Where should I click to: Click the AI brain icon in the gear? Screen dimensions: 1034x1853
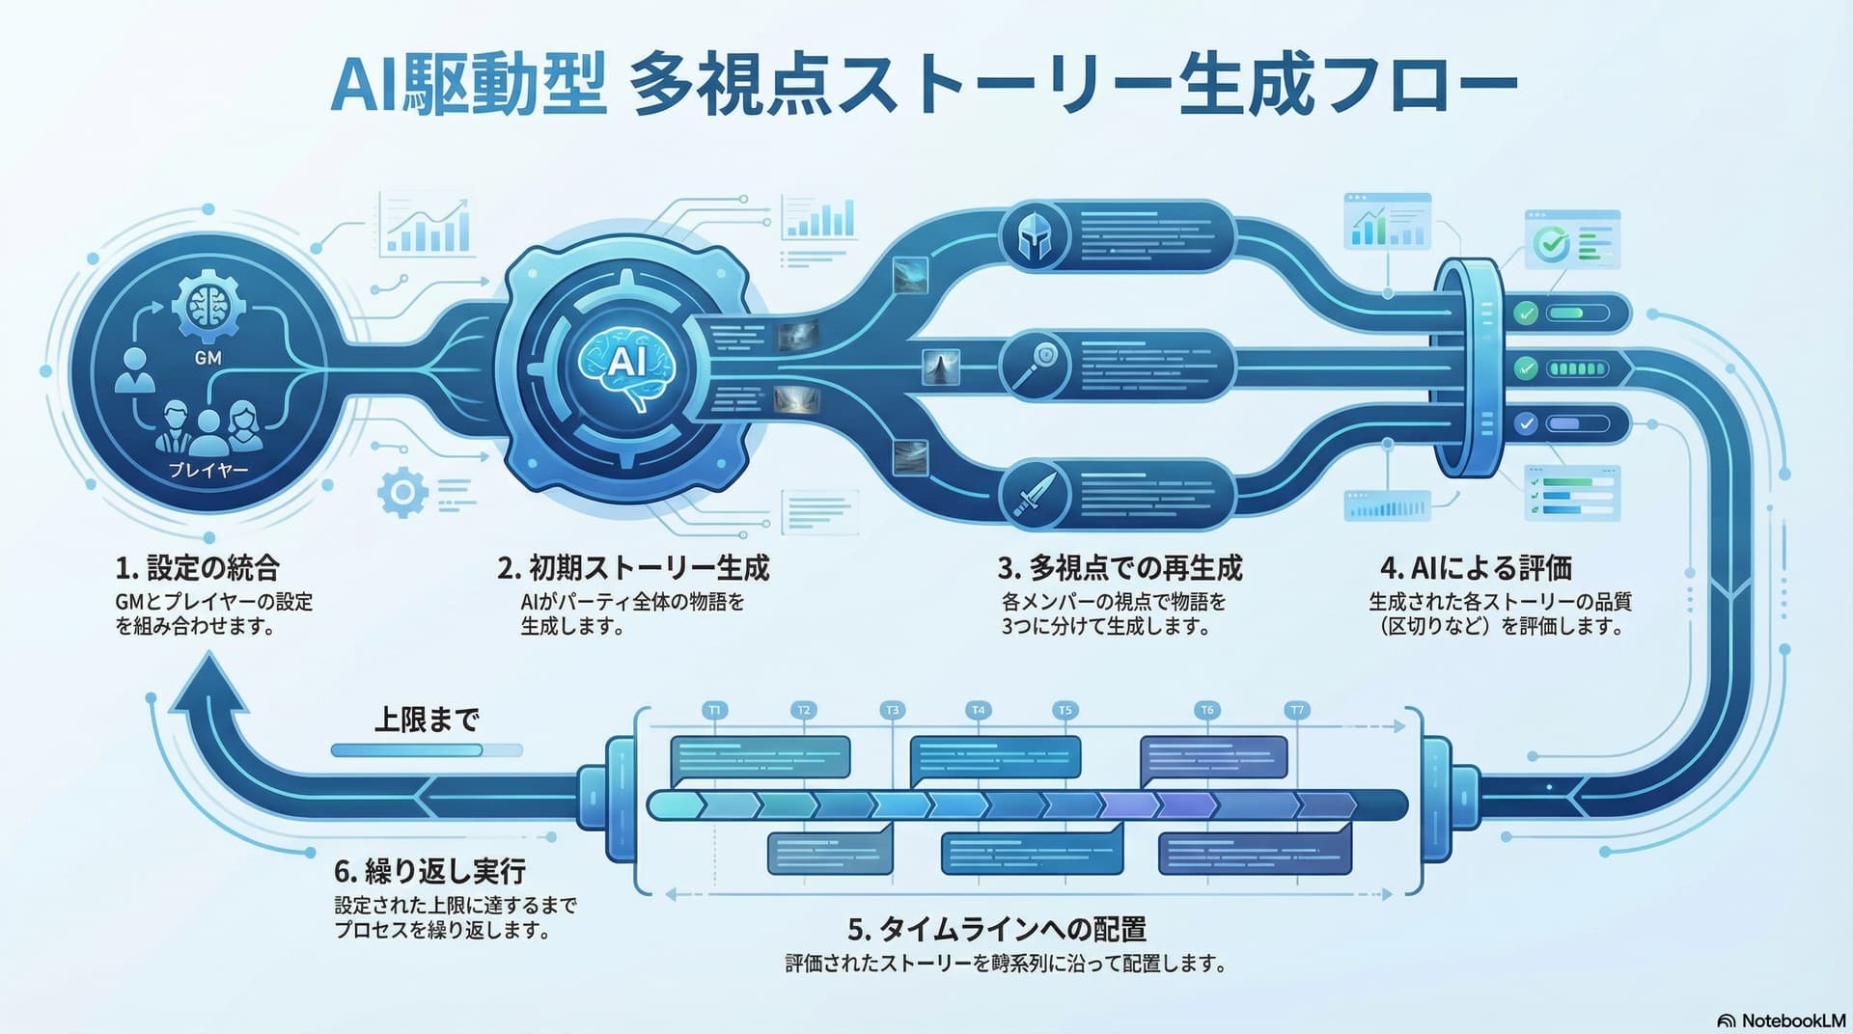click(x=626, y=365)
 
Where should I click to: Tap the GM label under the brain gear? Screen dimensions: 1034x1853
click(x=208, y=358)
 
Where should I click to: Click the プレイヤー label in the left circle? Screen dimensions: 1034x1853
click(x=208, y=470)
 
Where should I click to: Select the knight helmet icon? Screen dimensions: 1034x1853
click(x=1035, y=237)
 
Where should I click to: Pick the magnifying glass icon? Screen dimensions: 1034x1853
click(x=1035, y=366)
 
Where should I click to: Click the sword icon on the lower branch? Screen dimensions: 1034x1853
click(x=1035, y=495)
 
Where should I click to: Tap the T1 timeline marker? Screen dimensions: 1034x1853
click(x=714, y=710)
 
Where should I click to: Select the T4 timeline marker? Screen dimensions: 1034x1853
click(x=978, y=710)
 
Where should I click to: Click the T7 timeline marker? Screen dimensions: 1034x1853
click(x=1297, y=710)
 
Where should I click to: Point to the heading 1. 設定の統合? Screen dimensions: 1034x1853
click(x=198, y=567)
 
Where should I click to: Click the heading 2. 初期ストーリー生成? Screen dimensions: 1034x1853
click(x=633, y=567)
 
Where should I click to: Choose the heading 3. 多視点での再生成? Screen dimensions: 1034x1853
click(x=1120, y=567)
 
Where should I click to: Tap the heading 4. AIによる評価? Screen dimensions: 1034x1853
click(x=1477, y=567)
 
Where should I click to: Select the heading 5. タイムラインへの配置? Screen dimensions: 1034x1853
click(x=997, y=929)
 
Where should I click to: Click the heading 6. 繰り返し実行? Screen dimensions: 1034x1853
click(x=429, y=871)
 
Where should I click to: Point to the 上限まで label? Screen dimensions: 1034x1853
click(x=427, y=720)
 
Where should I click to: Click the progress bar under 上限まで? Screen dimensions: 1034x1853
click(x=426, y=750)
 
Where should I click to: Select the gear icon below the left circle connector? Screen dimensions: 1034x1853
click(x=402, y=493)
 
